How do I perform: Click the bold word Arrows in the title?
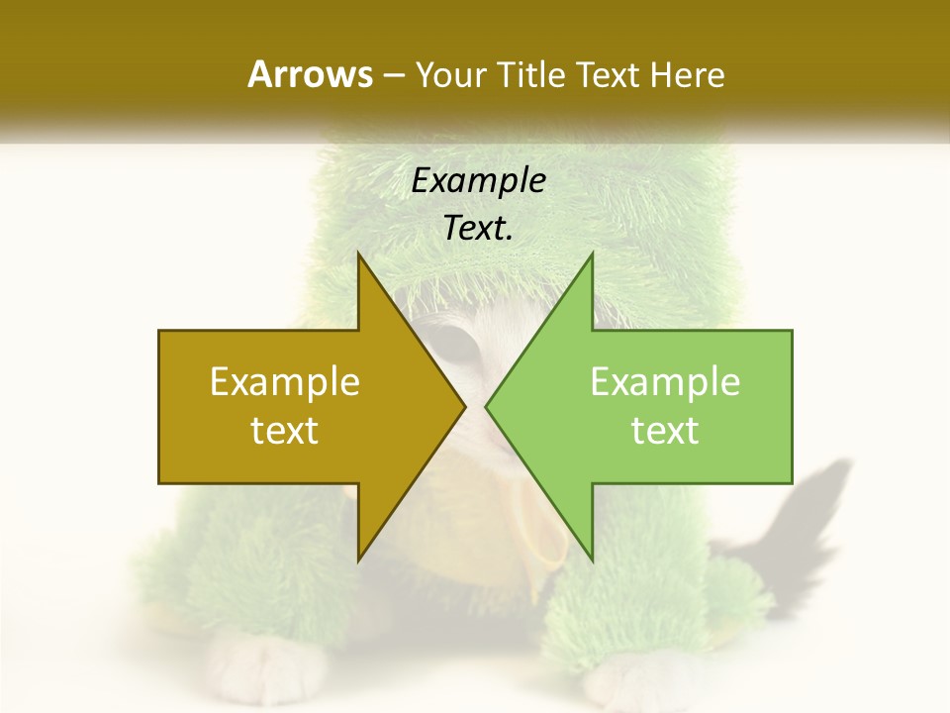click(x=310, y=74)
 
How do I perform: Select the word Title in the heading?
click(x=528, y=75)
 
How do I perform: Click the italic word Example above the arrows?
click(x=478, y=180)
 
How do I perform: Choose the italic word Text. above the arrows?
click(x=478, y=228)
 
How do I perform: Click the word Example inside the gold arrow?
click(x=284, y=382)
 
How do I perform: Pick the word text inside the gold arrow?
click(x=284, y=431)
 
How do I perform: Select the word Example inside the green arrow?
click(x=665, y=382)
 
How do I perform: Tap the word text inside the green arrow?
click(x=665, y=431)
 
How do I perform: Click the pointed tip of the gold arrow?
click(x=464, y=406)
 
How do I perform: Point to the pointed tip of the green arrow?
click(x=487, y=406)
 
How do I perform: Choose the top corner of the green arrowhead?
click(x=592, y=254)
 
